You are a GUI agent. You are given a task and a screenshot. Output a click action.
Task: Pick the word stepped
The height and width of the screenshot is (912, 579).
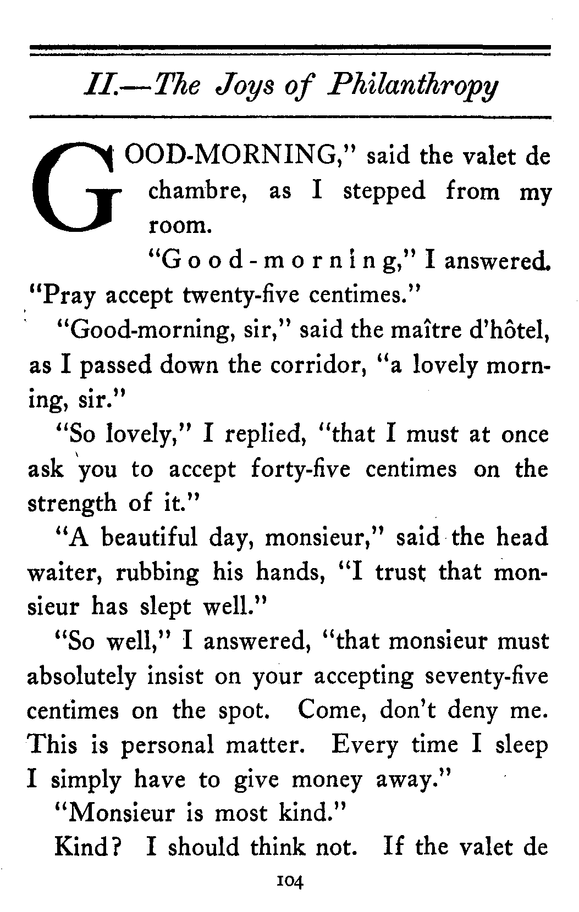point(384,191)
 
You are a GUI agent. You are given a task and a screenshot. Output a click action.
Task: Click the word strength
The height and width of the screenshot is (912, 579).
point(71,504)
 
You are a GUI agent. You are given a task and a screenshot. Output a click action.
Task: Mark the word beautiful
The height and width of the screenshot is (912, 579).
point(148,537)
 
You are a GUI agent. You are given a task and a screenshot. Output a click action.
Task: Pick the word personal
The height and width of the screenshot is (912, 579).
point(167,746)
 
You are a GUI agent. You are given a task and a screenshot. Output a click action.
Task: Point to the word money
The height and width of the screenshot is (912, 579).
point(327,780)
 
